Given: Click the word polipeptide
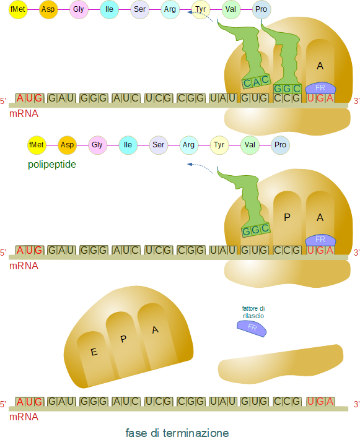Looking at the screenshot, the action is (x=52, y=165).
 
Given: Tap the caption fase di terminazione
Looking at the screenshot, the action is (x=177, y=432).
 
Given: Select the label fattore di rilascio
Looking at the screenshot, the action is (x=253, y=312).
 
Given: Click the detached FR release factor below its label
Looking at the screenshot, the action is (x=252, y=328).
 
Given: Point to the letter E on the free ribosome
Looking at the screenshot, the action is (x=94, y=352).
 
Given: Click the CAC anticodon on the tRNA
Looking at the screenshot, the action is (x=256, y=81).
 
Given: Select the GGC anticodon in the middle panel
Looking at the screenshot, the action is (x=256, y=230).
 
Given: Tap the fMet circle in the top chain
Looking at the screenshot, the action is (x=18, y=9).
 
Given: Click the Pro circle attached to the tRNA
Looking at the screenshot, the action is (x=261, y=9).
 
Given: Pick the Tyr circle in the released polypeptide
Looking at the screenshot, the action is (x=219, y=145).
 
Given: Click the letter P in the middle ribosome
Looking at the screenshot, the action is (x=287, y=217).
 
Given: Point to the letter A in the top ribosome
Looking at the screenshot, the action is (x=320, y=66).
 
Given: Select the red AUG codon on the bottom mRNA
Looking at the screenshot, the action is (x=30, y=402).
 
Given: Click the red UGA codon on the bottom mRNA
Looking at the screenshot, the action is (x=320, y=402).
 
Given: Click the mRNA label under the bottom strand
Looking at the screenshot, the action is (x=24, y=417).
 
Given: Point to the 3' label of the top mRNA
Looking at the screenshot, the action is (x=357, y=101).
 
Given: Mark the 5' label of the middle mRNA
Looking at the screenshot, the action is (x=3, y=253).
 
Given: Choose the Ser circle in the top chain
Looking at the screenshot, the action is (x=140, y=9).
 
